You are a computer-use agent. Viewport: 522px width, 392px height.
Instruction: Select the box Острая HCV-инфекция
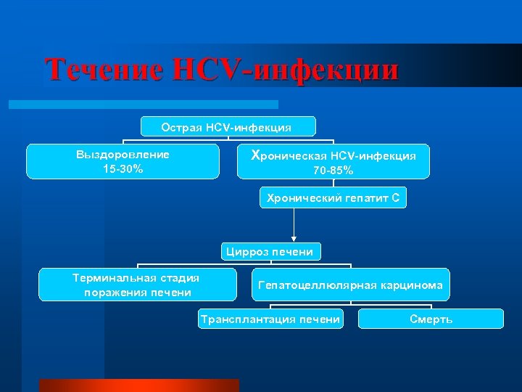(227, 127)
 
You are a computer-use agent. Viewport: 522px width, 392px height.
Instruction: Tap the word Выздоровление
(123, 155)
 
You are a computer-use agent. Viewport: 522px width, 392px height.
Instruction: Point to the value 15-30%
(123, 168)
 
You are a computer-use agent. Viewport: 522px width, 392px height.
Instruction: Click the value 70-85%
(333, 171)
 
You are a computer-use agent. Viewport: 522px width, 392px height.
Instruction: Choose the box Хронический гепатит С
(333, 197)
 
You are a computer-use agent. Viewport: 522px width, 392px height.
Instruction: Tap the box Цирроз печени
(270, 252)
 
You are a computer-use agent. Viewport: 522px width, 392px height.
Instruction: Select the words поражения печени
(138, 293)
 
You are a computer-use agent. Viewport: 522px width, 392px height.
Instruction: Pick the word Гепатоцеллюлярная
(317, 285)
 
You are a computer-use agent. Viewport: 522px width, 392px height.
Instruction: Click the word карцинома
(413, 285)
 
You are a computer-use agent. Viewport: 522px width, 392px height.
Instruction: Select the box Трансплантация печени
(270, 319)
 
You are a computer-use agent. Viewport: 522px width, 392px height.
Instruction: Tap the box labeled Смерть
(431, 319)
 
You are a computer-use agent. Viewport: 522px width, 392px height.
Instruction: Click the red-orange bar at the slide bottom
(138, 385)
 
